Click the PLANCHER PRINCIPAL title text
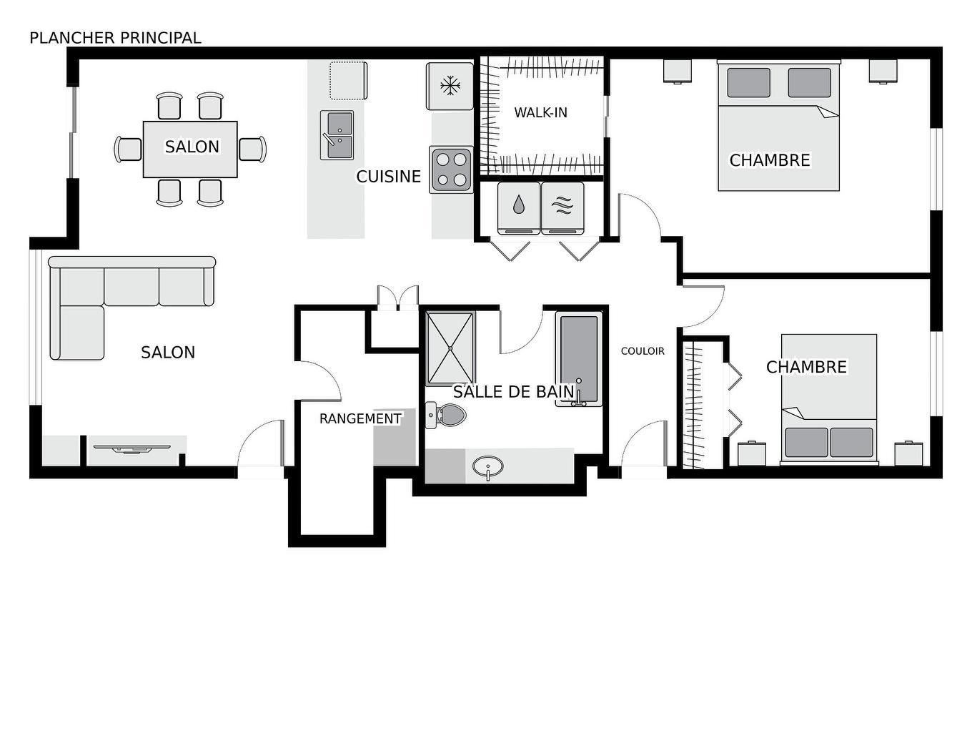(x=115, y=38)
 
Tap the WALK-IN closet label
(x=540, y=112)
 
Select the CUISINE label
(x=388, y=176)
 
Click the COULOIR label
(x=643, y=351)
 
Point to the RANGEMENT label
(x=359, y=418)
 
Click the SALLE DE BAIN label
(x=513, y=391)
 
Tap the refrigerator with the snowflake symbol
(x=450, y=87)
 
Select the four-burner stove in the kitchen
(x=451, y=170)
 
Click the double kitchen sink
(x=337, y=135)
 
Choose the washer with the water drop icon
(x=518, y=207)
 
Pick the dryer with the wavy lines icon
(x=562, y=207)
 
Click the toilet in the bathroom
(x=447, y=415)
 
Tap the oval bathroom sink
(x=487, y=467)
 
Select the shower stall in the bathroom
(x=450, y=348)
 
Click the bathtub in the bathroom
(x=578, y=358)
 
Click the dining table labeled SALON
(x=190, y=149)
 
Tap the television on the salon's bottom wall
(x=132, y=449)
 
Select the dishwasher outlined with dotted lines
(x=348, y=80)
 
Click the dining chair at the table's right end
(x=252, y=149)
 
